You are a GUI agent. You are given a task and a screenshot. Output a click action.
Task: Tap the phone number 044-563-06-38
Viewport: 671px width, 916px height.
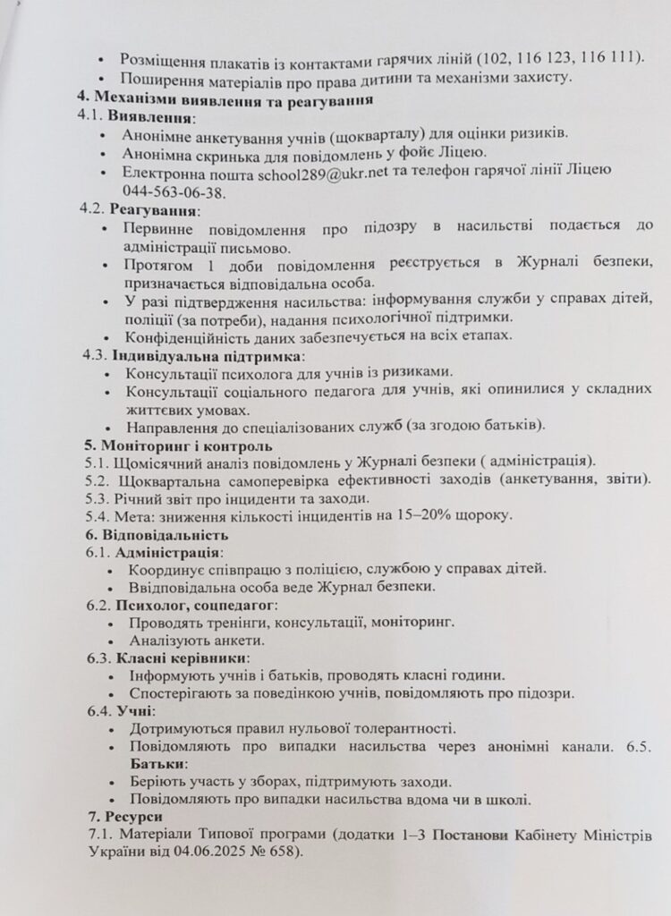point(175,191)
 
